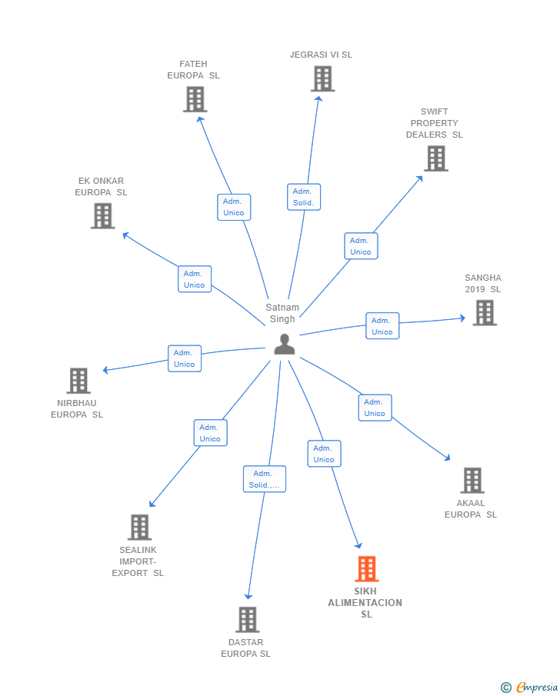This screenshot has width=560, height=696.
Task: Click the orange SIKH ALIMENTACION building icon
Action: [x=367, y=569]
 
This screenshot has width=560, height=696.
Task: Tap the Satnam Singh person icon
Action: [x=285, y=345]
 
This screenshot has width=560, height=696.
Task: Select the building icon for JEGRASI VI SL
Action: [x=322, y=78]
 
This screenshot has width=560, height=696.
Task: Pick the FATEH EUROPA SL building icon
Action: [x=195, y=99]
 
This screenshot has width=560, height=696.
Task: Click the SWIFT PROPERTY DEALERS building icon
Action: [x=435, y=158]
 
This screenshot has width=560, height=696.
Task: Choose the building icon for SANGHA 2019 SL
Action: [x=484, y=313]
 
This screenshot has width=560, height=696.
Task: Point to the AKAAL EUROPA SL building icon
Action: [x=472, y=481]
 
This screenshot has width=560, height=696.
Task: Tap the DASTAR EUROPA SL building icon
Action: [x=247, y=620]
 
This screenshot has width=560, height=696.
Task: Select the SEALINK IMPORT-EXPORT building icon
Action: [x=139, y=528]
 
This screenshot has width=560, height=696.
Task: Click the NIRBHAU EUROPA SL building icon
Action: [x=78, y=381]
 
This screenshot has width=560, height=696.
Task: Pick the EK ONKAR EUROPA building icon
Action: [x=102, y=216]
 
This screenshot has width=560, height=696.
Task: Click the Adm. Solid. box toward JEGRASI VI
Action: [x=304, y=197]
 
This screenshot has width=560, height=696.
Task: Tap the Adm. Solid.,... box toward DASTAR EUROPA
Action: [x=264, y=479]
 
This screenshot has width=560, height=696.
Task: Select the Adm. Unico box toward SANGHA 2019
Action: [x=382, y=326]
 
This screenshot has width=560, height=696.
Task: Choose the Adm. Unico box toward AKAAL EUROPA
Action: [x=375, y=408]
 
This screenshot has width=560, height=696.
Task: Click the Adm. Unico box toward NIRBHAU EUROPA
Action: [x=185, y=358]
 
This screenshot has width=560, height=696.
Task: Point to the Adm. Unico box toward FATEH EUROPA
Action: [x=234, y=207]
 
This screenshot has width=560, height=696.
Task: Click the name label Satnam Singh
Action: [x=282, y=313]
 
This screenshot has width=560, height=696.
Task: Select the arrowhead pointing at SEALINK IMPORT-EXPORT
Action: [x=152, y=505]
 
